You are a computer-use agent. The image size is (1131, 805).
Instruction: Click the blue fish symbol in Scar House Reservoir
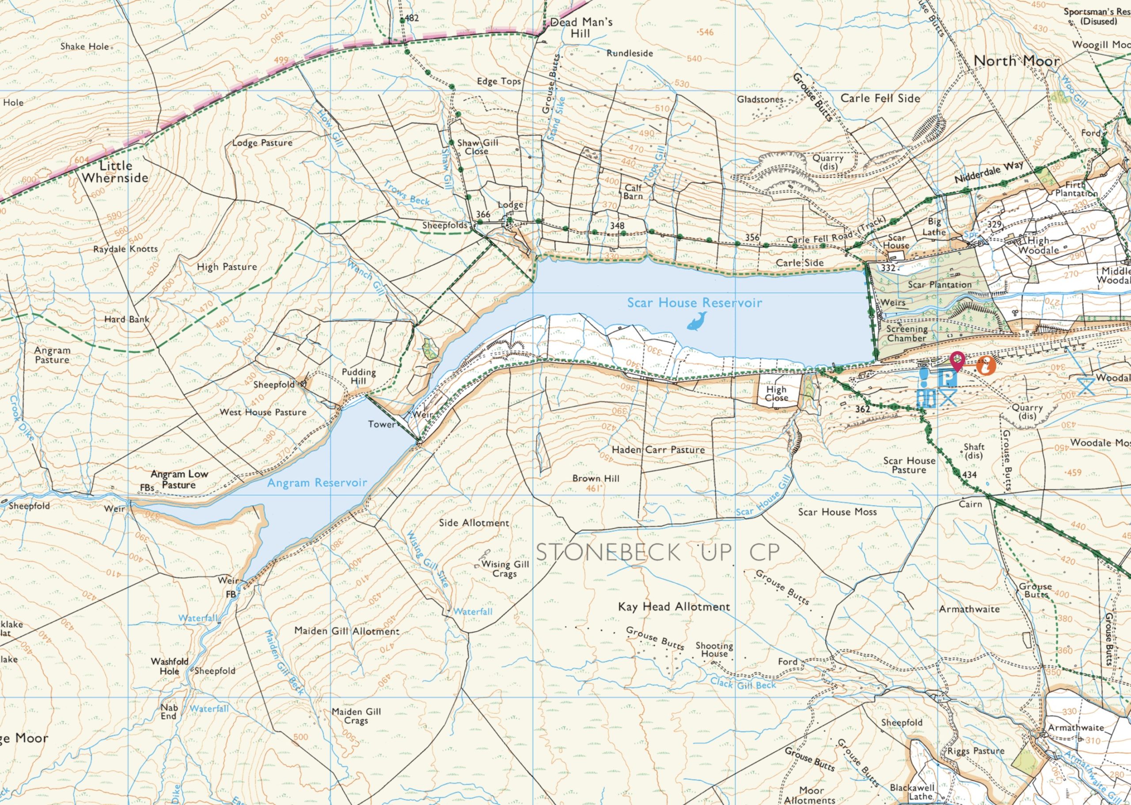(x=697, y=321)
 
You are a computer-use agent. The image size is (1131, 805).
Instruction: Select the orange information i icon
(x=986, y=367)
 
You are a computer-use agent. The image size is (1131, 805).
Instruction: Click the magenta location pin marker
(x=956, y=360)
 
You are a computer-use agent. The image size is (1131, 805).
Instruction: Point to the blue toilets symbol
(x=926, y=398)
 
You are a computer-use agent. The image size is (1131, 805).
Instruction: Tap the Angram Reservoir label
(x=317, y=482)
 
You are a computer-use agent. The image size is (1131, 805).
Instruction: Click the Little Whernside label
(x=115, y=171)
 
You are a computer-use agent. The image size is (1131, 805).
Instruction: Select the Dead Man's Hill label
(x=581, y=28)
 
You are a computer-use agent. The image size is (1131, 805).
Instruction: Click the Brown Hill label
(x=596, y=478)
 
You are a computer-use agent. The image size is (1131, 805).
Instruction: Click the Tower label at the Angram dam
(x=381, y=424)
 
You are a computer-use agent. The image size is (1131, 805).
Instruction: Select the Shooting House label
(x=714, y=650)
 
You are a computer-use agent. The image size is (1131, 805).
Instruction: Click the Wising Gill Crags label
(x=505, y=569)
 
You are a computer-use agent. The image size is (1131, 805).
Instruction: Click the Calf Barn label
(x=633, y=192)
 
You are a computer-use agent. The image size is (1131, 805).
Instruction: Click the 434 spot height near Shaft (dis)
(x=969, y=475)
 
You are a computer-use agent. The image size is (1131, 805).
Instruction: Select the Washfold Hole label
(x=170, y=666)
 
